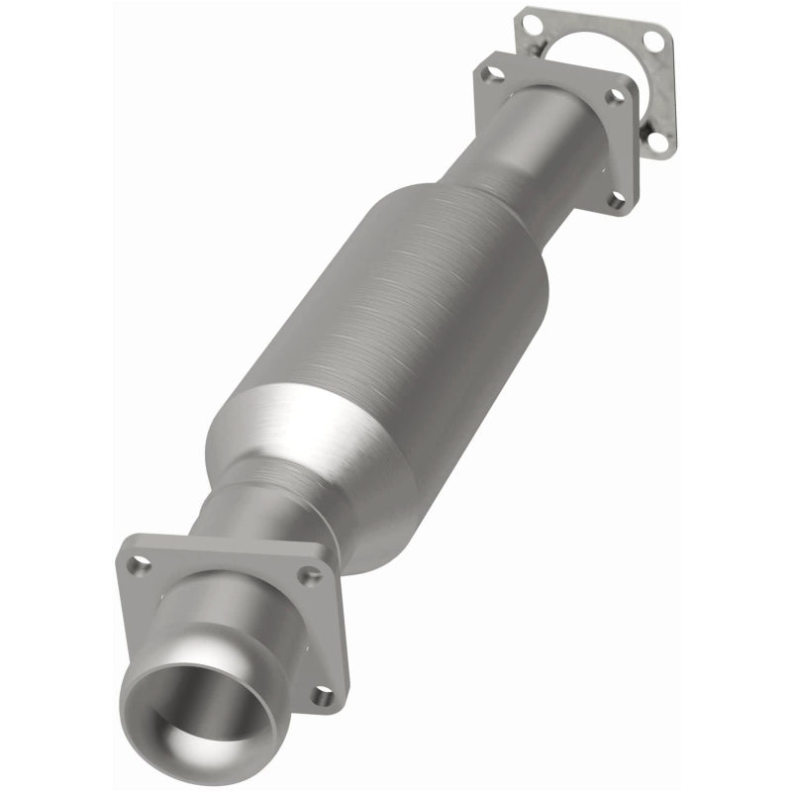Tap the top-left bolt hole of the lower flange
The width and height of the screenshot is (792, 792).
[x=142, y=565]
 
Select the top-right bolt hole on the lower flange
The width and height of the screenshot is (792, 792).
[x=315, y=574]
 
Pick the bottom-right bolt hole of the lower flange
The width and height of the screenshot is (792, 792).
[x=320, y=696]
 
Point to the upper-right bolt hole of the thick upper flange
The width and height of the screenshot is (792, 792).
[x=616, y=96]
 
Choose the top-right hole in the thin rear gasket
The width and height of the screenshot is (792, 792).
[x=653, y=39]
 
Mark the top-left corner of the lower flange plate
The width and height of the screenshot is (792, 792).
[x=127, y=543]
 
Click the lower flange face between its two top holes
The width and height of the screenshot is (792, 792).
[x=228, y=564]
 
